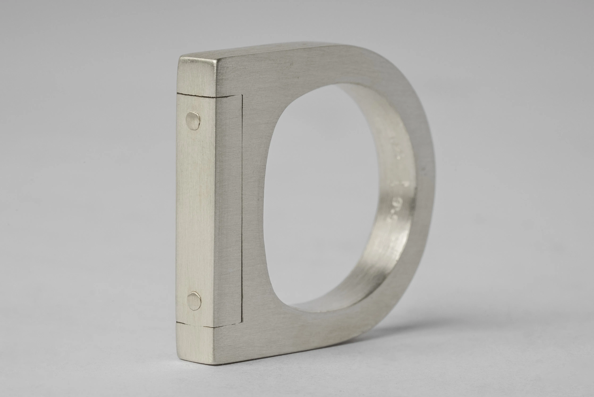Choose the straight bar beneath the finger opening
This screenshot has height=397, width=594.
point(304,329)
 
